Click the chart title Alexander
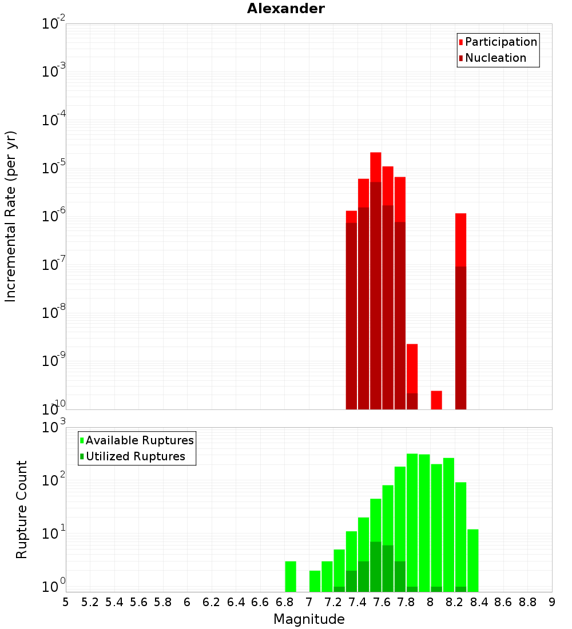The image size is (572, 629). tap(285, 9)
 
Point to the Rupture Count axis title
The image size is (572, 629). tap(22, 509)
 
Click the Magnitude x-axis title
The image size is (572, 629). tap(309, 619)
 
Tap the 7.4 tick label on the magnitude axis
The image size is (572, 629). tap(357, 602)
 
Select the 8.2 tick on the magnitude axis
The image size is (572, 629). tap(455, 602)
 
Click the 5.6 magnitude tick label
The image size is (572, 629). tap(138, 602)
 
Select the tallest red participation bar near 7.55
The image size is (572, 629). tap(376, 166)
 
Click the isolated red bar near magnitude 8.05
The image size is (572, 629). tap(436, 400)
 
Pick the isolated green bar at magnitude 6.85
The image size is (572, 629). tap(291, 576)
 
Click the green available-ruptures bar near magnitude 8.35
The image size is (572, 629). tap(473, 560)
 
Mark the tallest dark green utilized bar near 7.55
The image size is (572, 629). tap(376, 566)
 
